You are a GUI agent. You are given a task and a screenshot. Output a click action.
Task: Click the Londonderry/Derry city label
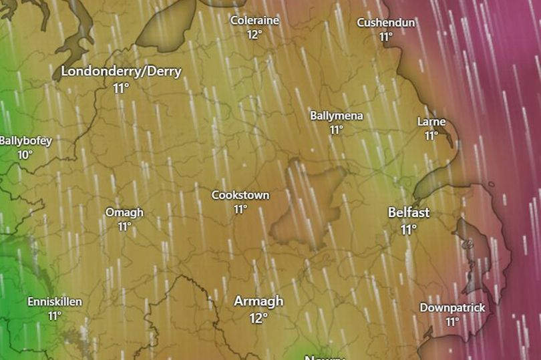click(x=121, y=72)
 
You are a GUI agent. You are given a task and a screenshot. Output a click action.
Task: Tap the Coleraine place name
click(x=254, y=20)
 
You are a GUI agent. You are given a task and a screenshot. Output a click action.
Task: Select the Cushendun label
click(x=385, y=23)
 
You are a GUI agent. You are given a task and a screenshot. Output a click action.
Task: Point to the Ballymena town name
click(x=336, y=116)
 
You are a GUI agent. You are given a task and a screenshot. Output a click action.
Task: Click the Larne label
click(x=431, y=122)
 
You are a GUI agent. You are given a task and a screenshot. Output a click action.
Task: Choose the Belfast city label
click(x=409, y=212)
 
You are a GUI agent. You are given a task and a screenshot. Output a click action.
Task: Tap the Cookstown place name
click(x=240, y=195)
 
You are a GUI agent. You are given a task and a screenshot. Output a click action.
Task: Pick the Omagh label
click(x=124, y=212)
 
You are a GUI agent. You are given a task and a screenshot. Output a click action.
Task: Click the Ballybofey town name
click(x=25, y=141)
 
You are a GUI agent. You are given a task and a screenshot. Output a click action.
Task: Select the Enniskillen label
click(x=55, y=301)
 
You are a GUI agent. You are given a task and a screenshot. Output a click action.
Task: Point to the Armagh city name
click(x=258, y=301)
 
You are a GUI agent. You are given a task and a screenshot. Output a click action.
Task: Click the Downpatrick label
click(x=452, y=307)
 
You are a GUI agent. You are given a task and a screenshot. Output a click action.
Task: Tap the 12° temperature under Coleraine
click(x=254, y=35)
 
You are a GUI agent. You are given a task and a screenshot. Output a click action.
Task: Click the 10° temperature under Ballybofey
click(x=25, y=155)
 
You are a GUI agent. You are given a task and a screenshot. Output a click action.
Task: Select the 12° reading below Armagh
click(x=258, y=318)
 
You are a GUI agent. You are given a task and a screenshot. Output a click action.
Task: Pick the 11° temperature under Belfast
click(x=409, y=229)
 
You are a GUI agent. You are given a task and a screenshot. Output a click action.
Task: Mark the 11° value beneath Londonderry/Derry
click(x=121, y=88)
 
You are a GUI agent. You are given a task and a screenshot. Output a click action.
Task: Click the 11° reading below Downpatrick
click(x=452, y=322)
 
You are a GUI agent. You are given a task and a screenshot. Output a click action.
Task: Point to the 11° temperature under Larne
click(x=431, y=136)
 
